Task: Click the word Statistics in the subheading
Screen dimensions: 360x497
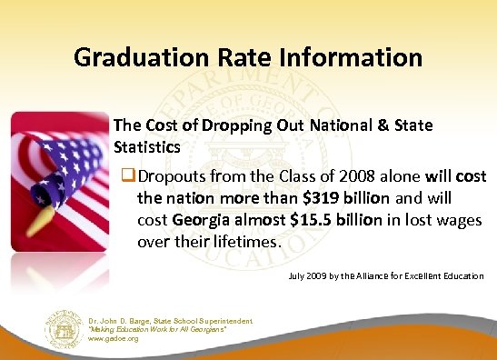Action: [x=146, y=145]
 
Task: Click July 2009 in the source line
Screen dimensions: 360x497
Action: [x=305, y=275]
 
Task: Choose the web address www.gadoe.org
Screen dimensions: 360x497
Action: [x=114, y=338]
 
